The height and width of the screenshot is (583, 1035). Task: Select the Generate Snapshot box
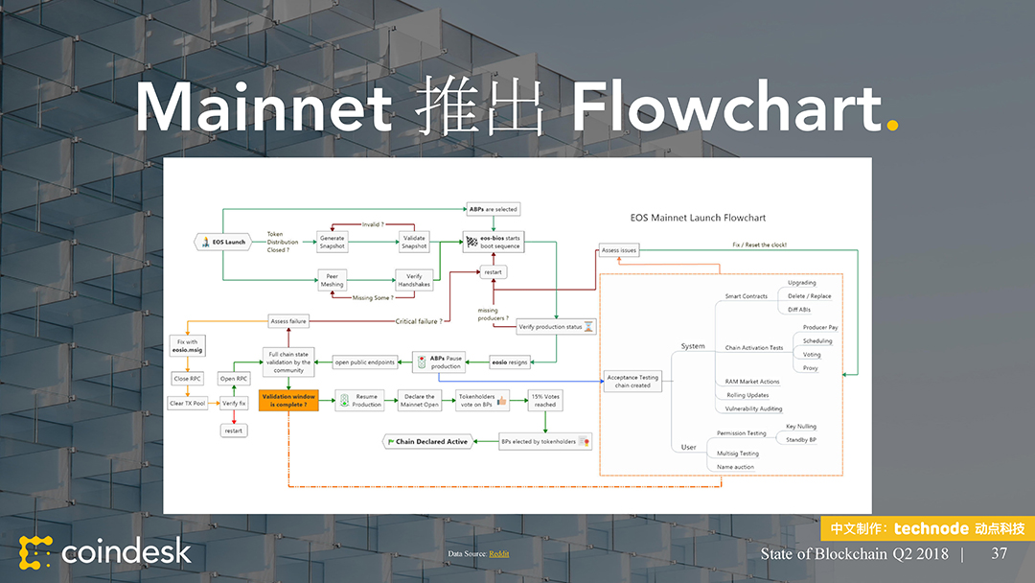pos(332,242)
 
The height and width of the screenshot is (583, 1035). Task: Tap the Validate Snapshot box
pos(414,242)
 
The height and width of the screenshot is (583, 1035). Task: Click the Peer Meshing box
pos(332,280)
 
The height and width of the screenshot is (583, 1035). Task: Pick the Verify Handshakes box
pos(414,280)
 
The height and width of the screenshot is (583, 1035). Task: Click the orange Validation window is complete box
pos(288,400)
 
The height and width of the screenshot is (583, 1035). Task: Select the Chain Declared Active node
pos(427,441)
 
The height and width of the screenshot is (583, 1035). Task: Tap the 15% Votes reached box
pos(545,400)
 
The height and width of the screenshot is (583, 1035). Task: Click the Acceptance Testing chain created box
pos(632,382)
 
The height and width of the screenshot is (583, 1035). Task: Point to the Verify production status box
pos(557,327)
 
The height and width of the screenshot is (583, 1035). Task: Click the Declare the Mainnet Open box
pos(418,400)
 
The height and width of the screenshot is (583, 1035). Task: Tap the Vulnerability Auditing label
pos(753,408)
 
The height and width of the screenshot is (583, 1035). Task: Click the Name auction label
pos(735,467)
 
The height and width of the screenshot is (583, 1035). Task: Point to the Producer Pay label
pos(820,328)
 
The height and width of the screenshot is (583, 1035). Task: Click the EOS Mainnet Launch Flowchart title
pos(698,218)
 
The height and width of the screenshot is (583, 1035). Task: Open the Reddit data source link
pos(499,554)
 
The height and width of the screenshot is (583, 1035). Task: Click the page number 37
pos(999,553)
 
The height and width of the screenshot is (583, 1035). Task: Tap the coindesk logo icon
pos(35,552)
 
